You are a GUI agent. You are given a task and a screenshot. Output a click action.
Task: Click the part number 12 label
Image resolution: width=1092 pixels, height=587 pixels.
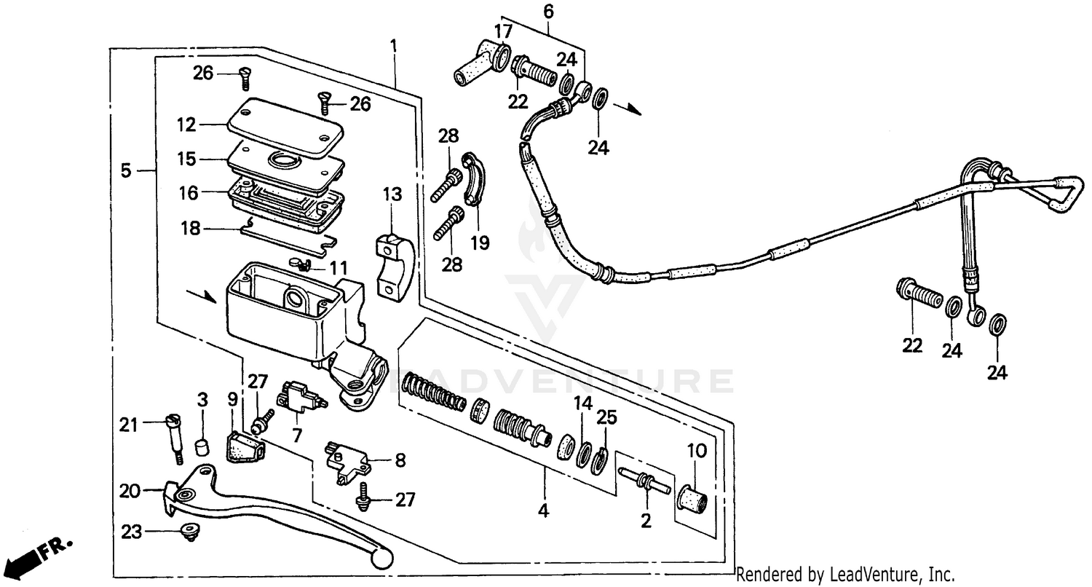186,125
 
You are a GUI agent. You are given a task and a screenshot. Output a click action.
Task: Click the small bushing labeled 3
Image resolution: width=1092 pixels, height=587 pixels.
202,444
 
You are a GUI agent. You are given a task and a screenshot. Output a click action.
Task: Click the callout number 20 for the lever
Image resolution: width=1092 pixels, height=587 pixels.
129,492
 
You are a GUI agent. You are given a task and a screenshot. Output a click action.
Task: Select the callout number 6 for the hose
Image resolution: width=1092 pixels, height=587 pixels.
548,11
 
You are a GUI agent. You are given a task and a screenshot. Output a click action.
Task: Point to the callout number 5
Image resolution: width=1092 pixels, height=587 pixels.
125,171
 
